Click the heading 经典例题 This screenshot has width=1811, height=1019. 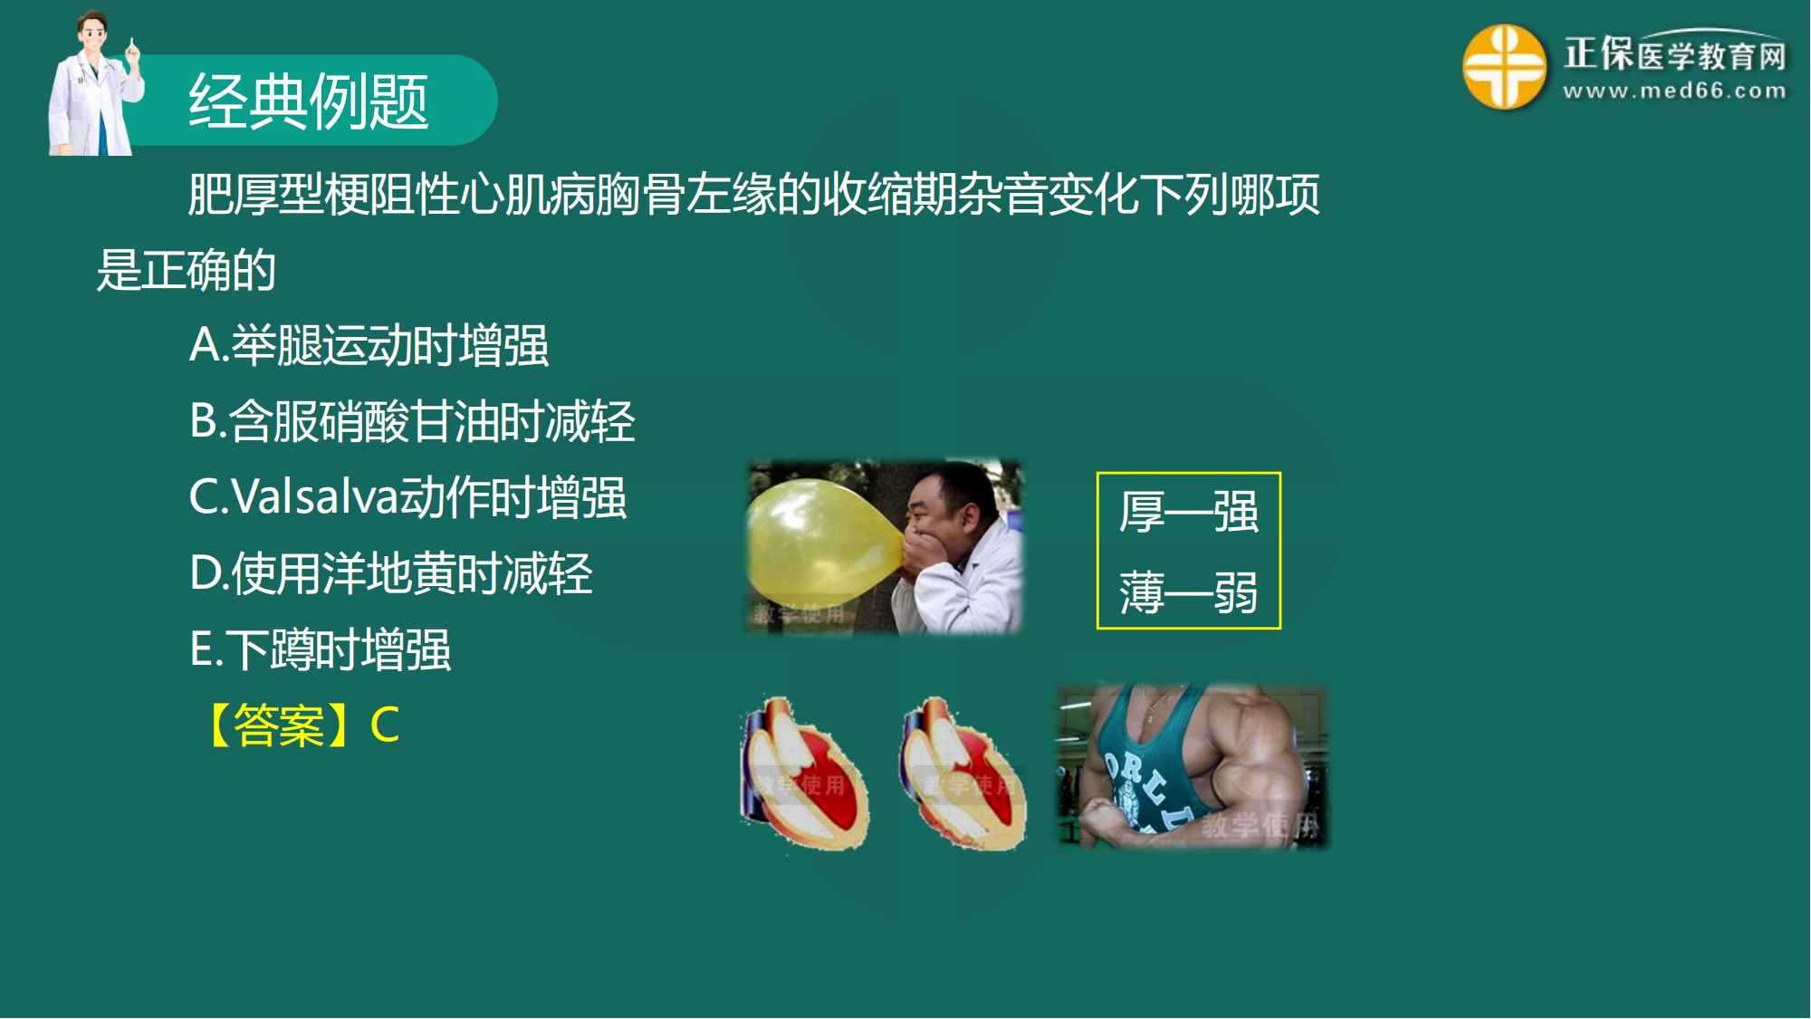coord(308,101)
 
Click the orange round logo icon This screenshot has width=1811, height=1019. coord(1504,66)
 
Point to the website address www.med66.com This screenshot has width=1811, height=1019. coord(1674,91)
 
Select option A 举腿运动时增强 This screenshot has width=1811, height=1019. coord(369,345)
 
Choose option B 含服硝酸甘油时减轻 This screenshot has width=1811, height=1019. coord(412,421)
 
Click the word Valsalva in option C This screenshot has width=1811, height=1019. coord(314,497)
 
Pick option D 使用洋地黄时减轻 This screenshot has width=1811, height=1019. coord(391,573)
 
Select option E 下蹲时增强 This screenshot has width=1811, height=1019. coord(320,649)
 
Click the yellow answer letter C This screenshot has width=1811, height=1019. coord(385,725)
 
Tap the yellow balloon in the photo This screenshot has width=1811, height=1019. coord(822,543)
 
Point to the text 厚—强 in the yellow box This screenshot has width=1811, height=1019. coord(1188,512)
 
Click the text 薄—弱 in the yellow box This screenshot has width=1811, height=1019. coord(1188,592)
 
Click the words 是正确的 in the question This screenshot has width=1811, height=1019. coord(187,270)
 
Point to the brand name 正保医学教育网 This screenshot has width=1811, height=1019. coord(1675,53)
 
